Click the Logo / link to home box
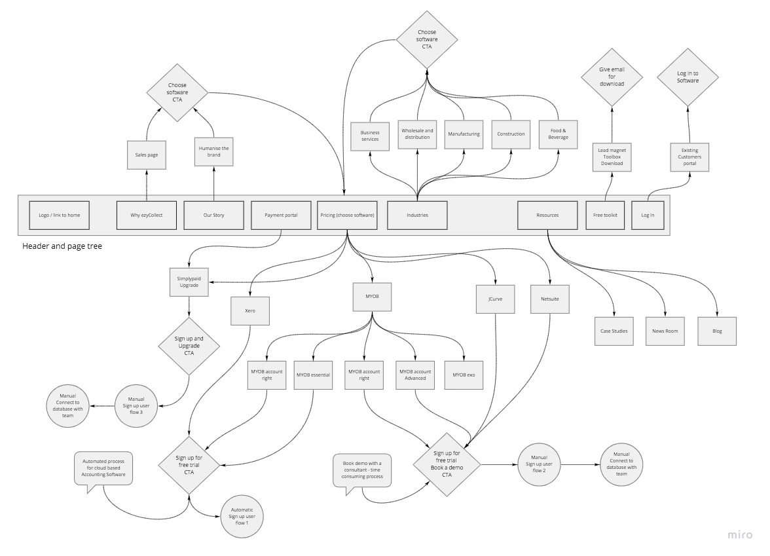pos(59,215)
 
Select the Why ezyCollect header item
pos(146,215)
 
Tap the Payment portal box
pos(281,215)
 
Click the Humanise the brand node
pos(214,153)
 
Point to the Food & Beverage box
pos(558,134)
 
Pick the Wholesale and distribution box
pos(417,134)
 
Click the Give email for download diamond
pos(612,77)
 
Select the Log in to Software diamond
pos(687,77)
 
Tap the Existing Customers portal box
pos(688,157)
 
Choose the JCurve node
pos(496,299)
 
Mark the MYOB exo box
pos(464,375)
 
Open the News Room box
pos(665,331)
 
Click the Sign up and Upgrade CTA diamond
pos(189,346)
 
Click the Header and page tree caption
pos(62,246)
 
